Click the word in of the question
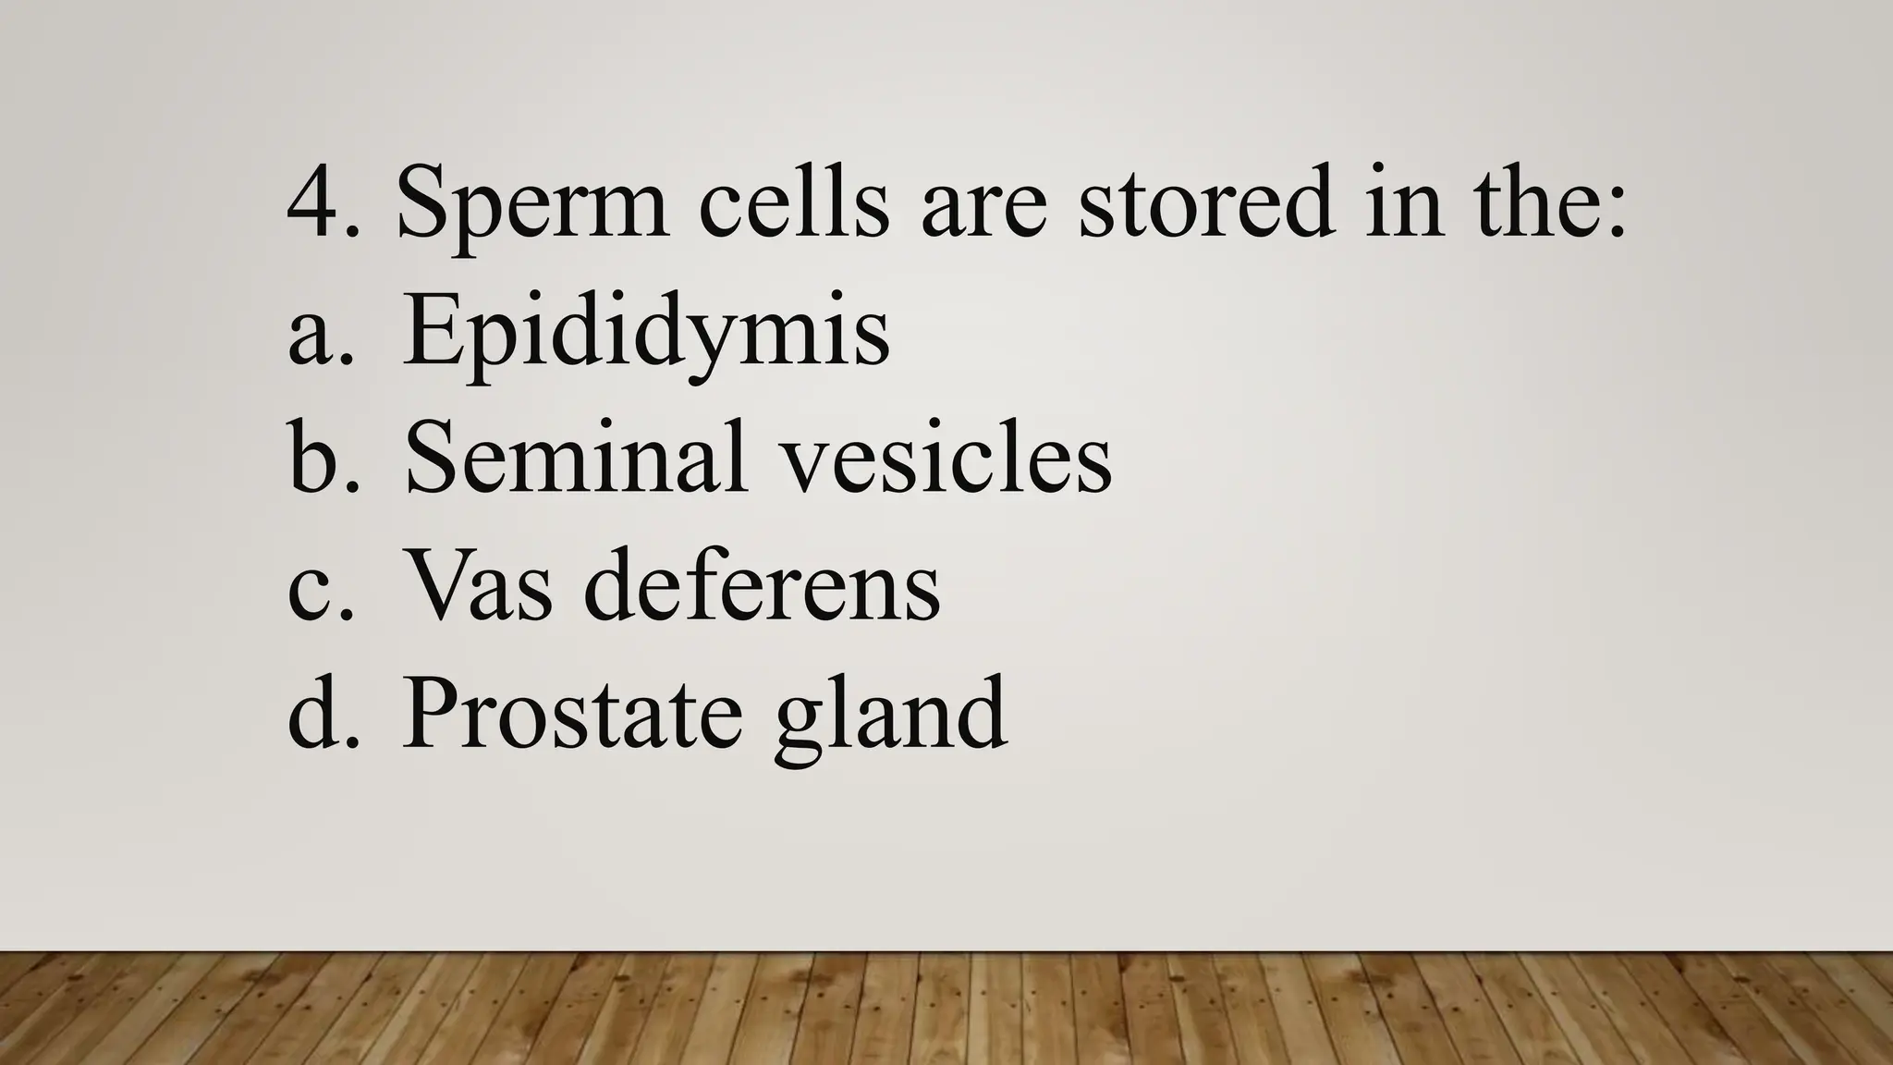[x=1404, y=202]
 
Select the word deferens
[x=762, y=585]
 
